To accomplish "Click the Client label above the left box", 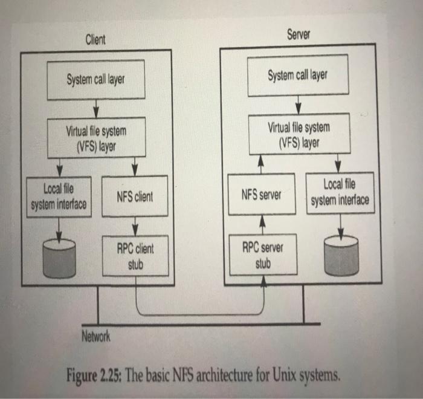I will [x=95, y=40].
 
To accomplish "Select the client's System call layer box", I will [x=97, y=80].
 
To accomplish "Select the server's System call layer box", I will [x=298, y=76].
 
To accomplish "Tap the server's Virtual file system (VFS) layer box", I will [x=299, y=134].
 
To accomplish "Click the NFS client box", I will [x=135, y=196].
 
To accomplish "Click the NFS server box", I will [x=261, y=195].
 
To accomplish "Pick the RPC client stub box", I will [x=136, y=256].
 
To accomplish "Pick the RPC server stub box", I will [x=262, y=255].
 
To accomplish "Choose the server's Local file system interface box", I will [x=340, y=192].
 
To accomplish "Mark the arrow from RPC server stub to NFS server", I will [x=262, y=224].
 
